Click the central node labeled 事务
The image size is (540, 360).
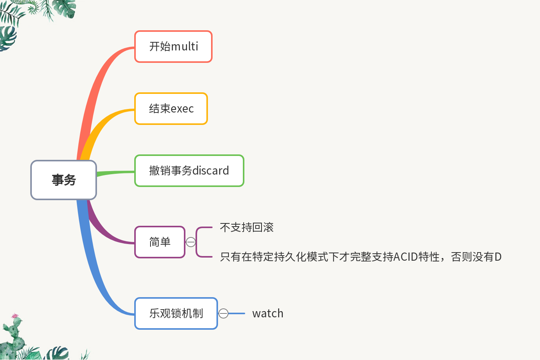64,180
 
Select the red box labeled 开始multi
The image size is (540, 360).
173,47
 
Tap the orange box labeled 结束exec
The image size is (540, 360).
171,109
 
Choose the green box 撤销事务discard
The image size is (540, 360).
189,171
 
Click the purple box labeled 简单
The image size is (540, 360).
159,242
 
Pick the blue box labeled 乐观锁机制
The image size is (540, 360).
176,313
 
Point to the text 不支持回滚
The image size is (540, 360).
247,227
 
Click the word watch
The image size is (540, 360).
268,313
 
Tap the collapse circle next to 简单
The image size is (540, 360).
191,242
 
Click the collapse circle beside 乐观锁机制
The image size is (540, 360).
223,313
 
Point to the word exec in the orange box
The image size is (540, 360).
182,109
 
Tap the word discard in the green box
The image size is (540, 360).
211,171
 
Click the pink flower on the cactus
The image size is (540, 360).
15,316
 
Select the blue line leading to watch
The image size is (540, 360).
237,313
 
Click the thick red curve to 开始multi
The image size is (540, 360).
95,89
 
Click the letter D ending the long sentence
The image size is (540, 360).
498,257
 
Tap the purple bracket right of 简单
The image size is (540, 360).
197,242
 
